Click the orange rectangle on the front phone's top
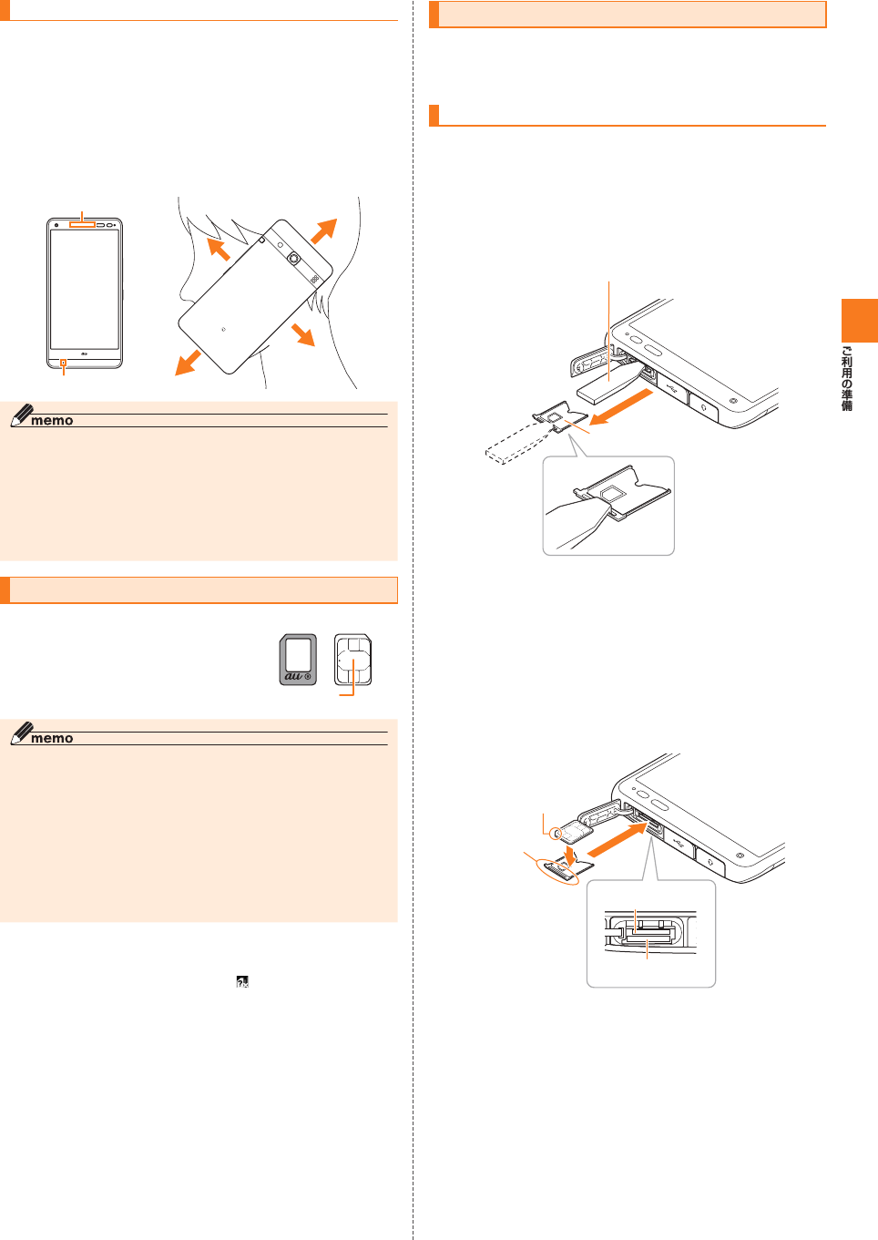[x=82, y=224]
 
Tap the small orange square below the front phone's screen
[x=63, y=364]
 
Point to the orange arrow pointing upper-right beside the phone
[x=324, y=231]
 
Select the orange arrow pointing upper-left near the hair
[x=218, y=249]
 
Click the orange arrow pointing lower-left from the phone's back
[x=189, y=363]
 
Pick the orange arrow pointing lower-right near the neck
[x=303, y=334]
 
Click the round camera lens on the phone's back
[x=294, y=259]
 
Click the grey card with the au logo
[x=298, y=660]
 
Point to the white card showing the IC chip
[x=353, y=660]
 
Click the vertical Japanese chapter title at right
[x=847, y=378]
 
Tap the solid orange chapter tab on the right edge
[x=859, y=320]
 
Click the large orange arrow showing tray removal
[x=622, y=406]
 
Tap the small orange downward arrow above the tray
[x=570, y=855]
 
